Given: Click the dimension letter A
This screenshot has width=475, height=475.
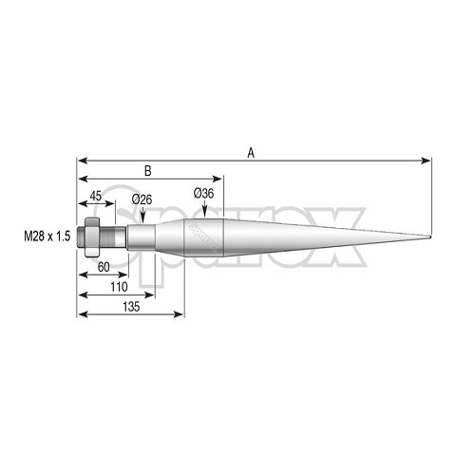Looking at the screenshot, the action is tap(251, 153).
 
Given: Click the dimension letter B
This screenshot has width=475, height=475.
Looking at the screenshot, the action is tap(148, 171).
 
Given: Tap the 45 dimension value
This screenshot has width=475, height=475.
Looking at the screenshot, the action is tap(96, 196).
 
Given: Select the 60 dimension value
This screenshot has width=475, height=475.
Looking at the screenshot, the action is tap(104, 267).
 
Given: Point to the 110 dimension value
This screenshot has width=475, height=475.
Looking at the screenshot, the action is tap(119, 287).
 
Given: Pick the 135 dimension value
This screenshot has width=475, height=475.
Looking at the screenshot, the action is tap(131, 307).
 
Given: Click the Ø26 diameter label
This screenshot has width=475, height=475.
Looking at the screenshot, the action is tap(142, 199).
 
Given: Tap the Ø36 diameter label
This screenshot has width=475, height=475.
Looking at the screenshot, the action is tap(204, 193).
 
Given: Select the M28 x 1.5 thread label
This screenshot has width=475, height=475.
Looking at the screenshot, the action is tap(47, 237).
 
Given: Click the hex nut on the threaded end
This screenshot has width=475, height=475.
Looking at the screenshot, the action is tap(92, 237).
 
